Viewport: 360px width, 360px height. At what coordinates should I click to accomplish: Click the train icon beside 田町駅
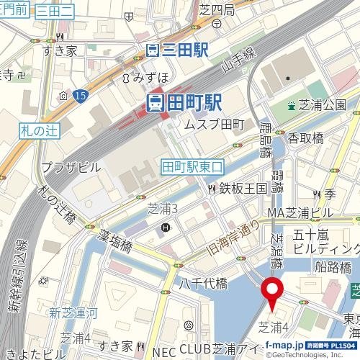(x=154, y=103)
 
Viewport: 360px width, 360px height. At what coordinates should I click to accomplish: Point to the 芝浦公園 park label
(x=324, y=105)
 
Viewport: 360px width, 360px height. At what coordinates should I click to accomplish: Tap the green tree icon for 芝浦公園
(x=292, y=106)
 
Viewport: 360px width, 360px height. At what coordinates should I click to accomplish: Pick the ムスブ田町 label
(x=215, y=125)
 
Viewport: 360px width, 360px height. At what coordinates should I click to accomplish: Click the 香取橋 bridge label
(x=307, y=137)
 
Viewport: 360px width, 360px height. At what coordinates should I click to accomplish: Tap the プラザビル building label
(x=71, y=166)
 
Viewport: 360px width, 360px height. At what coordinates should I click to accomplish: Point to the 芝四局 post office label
(x=217, y=9)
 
